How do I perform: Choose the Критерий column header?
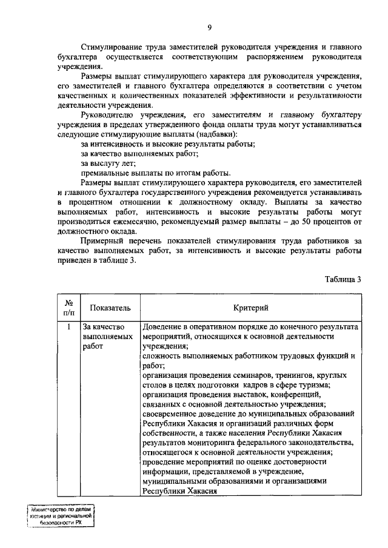click(250, 308)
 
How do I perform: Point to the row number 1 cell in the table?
click(69, 327)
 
